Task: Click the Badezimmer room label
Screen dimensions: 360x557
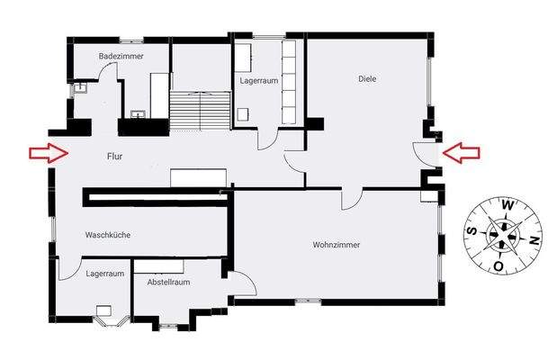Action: point(121,56)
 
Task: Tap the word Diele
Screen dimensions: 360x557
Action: point(366,78)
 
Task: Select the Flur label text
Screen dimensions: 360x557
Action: point(114,157)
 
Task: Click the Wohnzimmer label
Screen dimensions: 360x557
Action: point(337,244)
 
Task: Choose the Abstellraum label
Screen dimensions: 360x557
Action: point(169,282)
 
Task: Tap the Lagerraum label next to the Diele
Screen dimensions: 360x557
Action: point(259,80)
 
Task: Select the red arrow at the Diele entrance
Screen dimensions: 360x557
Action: point(462,153)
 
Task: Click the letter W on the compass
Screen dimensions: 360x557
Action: point(508,205)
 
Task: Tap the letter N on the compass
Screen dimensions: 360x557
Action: point(535,240)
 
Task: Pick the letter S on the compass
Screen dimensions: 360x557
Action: point(471,230)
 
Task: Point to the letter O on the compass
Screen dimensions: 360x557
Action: point(498,266)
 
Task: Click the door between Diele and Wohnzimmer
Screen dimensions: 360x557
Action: point(352,198)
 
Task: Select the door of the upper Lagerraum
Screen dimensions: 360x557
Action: point(268,139)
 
